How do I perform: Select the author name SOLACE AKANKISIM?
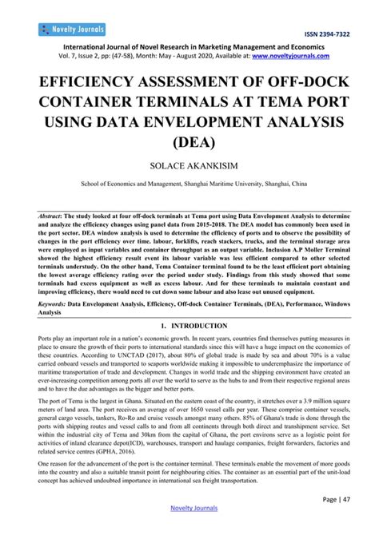pos(189,168)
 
